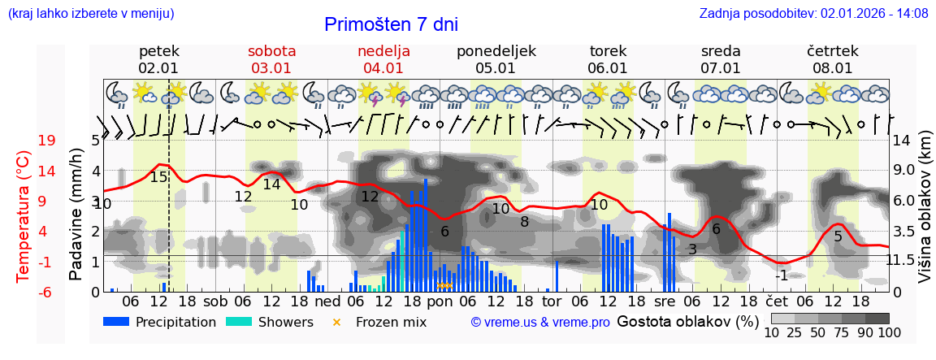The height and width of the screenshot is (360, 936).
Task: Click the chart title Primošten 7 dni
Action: [391, 24]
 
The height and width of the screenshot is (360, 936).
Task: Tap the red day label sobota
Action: [271, 50]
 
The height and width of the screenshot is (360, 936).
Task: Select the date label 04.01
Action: [383, 68]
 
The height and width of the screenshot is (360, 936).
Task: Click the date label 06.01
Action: [608, 68]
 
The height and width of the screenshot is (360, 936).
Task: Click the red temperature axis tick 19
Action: [47, 141]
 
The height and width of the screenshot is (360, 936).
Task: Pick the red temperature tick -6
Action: [45, 292]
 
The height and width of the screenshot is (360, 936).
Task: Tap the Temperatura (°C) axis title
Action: [23, 217]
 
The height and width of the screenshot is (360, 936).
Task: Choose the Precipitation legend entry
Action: [159, 322]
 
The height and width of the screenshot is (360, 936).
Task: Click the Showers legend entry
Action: [268, 322]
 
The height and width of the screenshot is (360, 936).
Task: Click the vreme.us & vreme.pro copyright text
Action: [540, 323]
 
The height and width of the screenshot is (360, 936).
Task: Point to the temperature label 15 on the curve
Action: [158, 176]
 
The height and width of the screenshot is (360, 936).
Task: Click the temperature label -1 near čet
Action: [780, 275]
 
